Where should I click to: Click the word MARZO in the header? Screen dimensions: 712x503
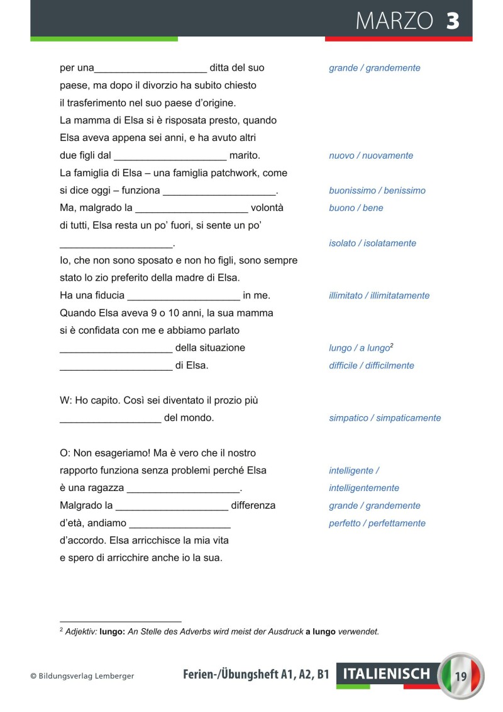tap(394, 21)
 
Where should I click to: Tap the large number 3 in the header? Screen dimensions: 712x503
tap(453, 21)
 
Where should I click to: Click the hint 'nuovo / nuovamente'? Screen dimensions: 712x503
tap(371, 155)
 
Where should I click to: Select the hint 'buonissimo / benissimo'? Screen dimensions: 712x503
tap(377, 191)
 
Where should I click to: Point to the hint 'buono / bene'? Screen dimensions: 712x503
tap(356, 208)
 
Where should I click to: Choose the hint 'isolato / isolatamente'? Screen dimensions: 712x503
tap(372, 243)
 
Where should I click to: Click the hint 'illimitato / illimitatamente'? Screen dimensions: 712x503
tap(379, 296)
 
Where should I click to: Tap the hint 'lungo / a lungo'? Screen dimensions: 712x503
tap(360, 348)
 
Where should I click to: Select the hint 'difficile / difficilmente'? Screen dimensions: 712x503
tap(372, 366)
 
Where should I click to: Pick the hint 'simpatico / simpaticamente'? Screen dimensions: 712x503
tap(385, 418)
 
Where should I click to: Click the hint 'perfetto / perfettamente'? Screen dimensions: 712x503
tap(377, 523)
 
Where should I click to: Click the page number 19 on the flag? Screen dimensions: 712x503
tap(461, 677)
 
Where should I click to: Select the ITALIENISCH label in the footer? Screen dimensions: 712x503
tap(387, 674)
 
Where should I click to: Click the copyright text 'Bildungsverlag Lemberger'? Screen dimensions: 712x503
tap(86, 676)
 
